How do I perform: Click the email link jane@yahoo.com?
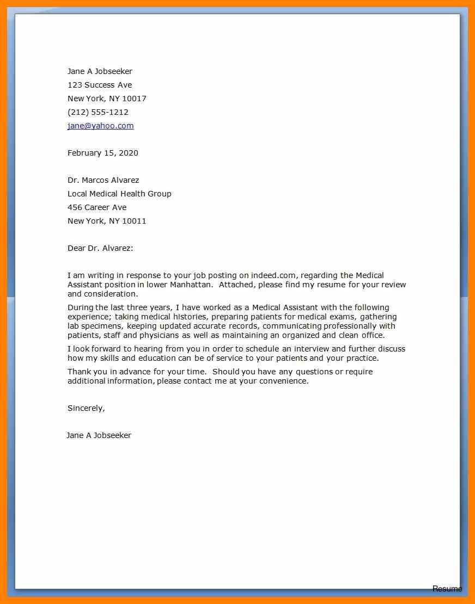pyautogui.click(x=100, y=126)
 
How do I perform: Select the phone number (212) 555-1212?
pyautogui.click(x=98, y=112)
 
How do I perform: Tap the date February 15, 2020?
pyautogui.click(x=103, y=153)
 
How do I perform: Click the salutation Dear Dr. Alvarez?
pyautogui.click(x=100, y=248)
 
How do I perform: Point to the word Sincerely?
pyautogui.click(x=86, y=408)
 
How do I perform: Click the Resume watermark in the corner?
pyautogui.click(x=447, y=589)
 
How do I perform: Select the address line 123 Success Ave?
pyautogui.click(x=100, y=85)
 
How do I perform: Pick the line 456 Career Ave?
pyautogui.click(x=97, y=207)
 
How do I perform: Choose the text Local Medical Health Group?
pyautogui.click(x=119, y=194)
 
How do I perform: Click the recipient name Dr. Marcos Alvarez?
pyautogui.click(x=103, y=180)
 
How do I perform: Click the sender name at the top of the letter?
pyautogui.click(x=100, y=71)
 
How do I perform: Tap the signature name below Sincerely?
pyautogui.click(x=99, y=435)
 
